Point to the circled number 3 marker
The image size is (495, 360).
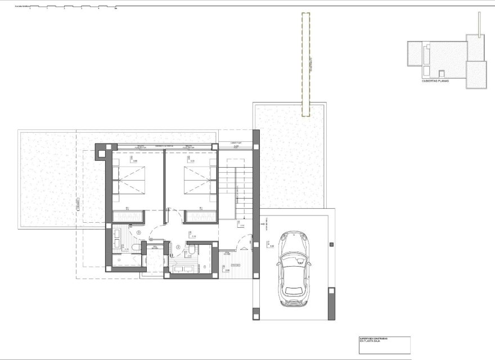pos(138,232)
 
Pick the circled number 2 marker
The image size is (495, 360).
pos(178,246)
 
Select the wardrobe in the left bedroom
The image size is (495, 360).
pos(128,215)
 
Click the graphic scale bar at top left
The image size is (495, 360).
pos(67,8)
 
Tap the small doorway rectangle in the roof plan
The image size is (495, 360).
pos(442,74)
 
